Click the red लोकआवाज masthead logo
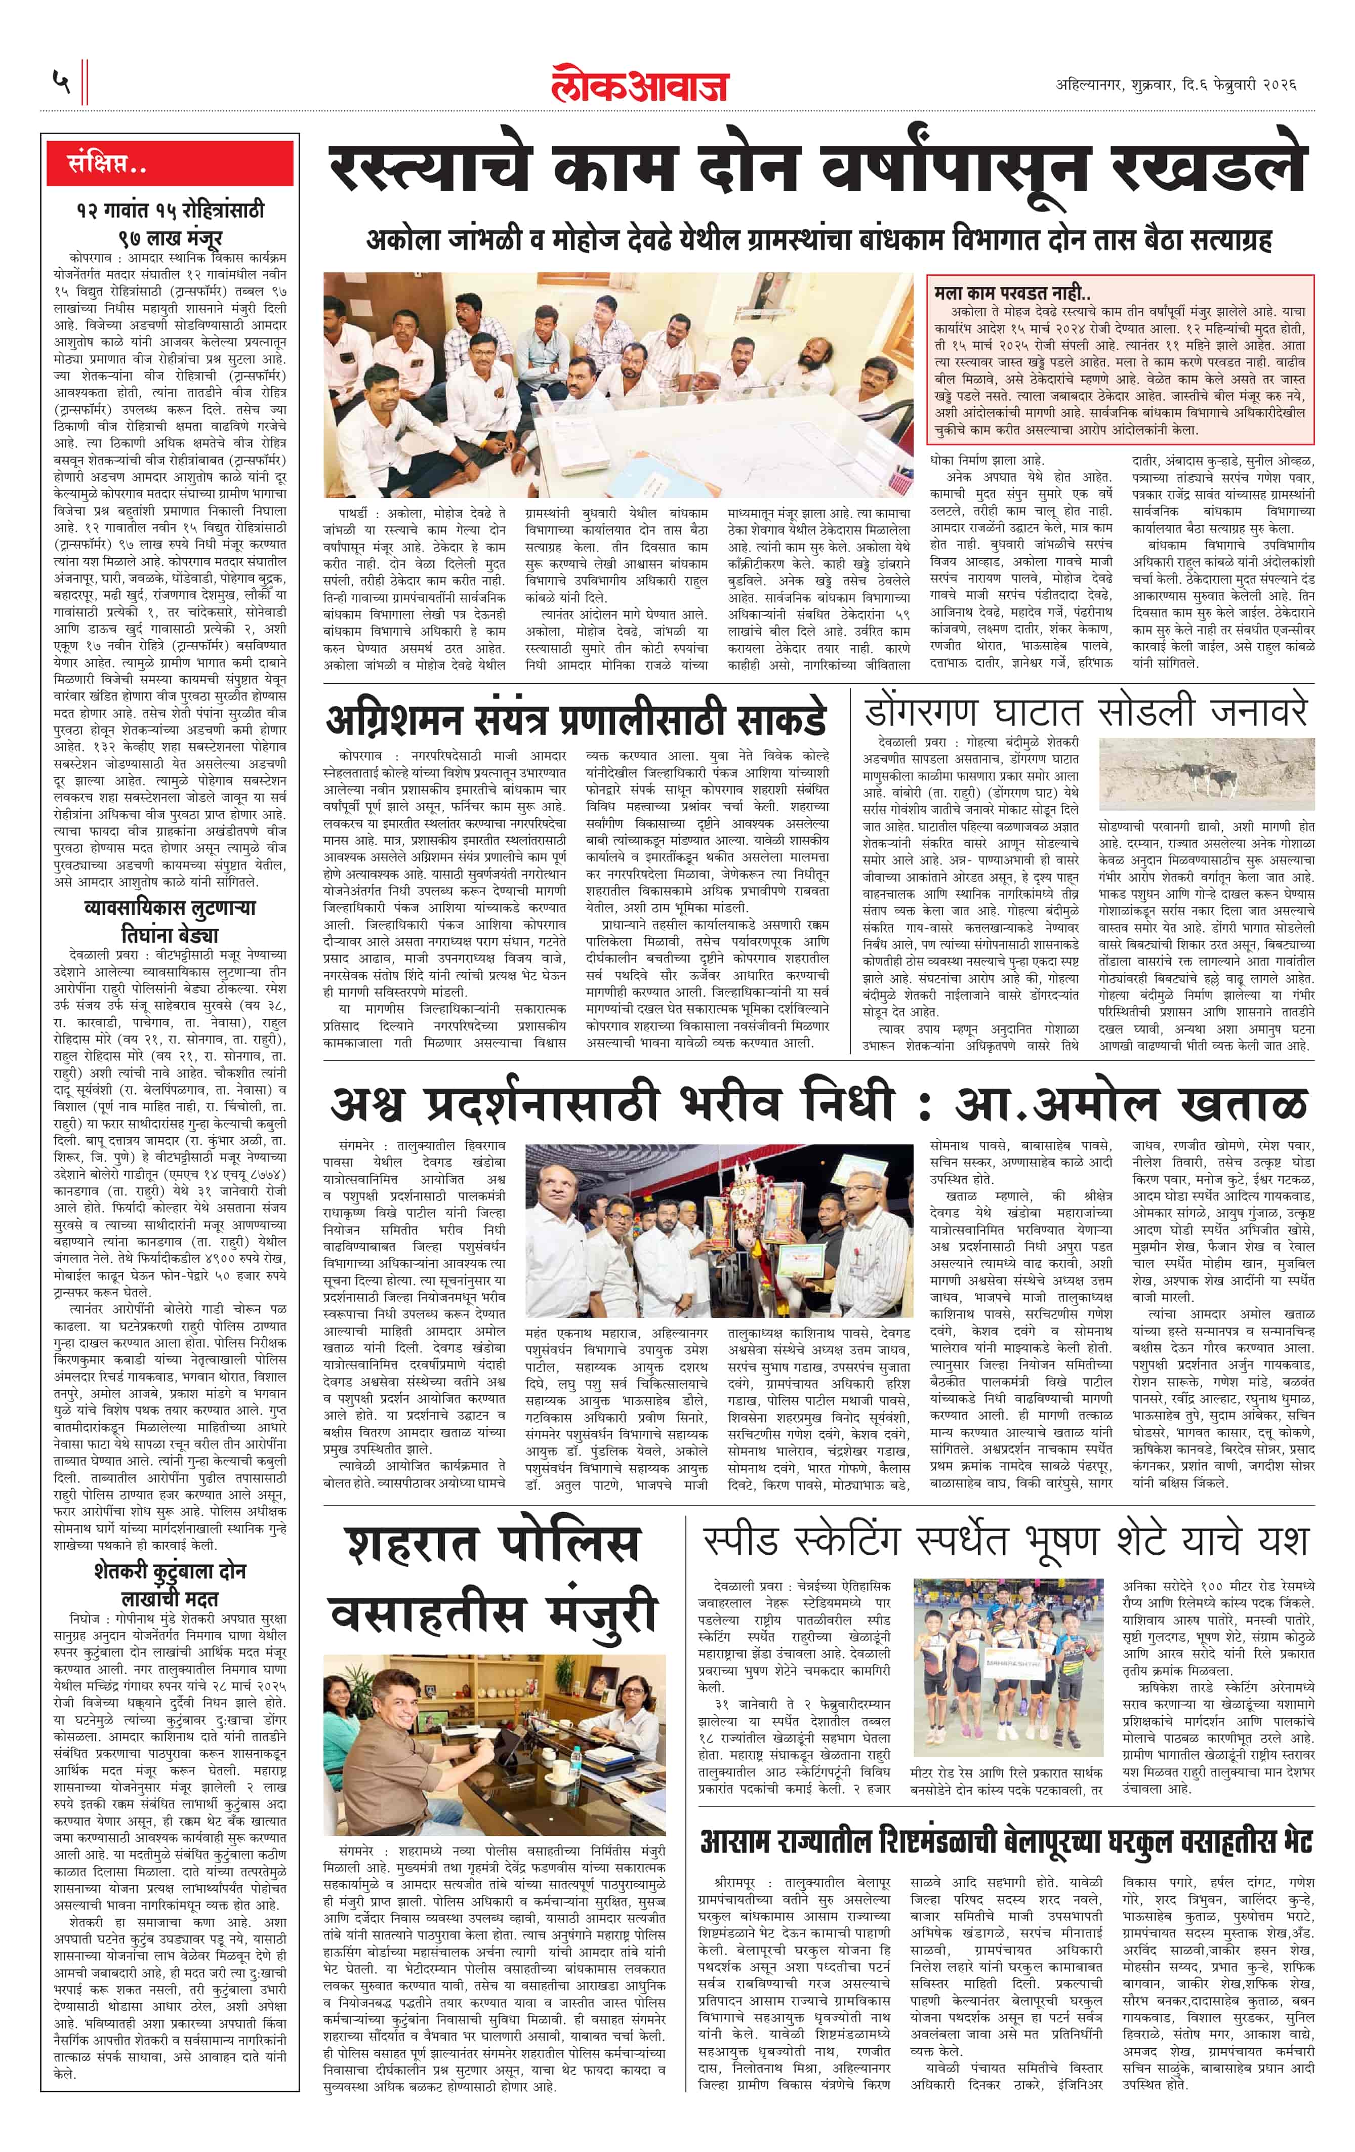click(640, 83)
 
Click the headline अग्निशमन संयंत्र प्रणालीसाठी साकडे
click(577, 719)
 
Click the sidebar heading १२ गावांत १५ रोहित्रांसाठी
click(170, 211)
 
